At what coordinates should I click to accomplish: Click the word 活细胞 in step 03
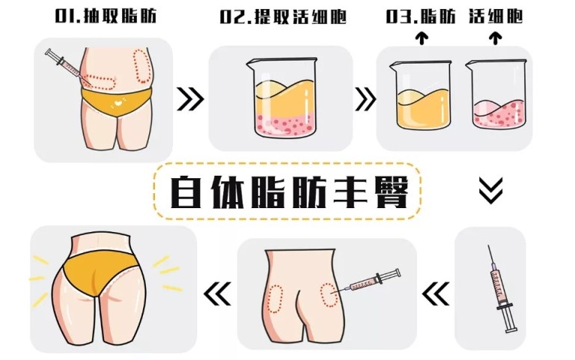click(497, 16)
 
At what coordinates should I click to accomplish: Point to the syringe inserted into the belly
click(67, 66)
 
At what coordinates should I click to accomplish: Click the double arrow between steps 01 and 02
click(189, 97)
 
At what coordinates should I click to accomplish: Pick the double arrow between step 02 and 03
click(365, 97)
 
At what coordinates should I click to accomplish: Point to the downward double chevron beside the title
click(490, 192)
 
